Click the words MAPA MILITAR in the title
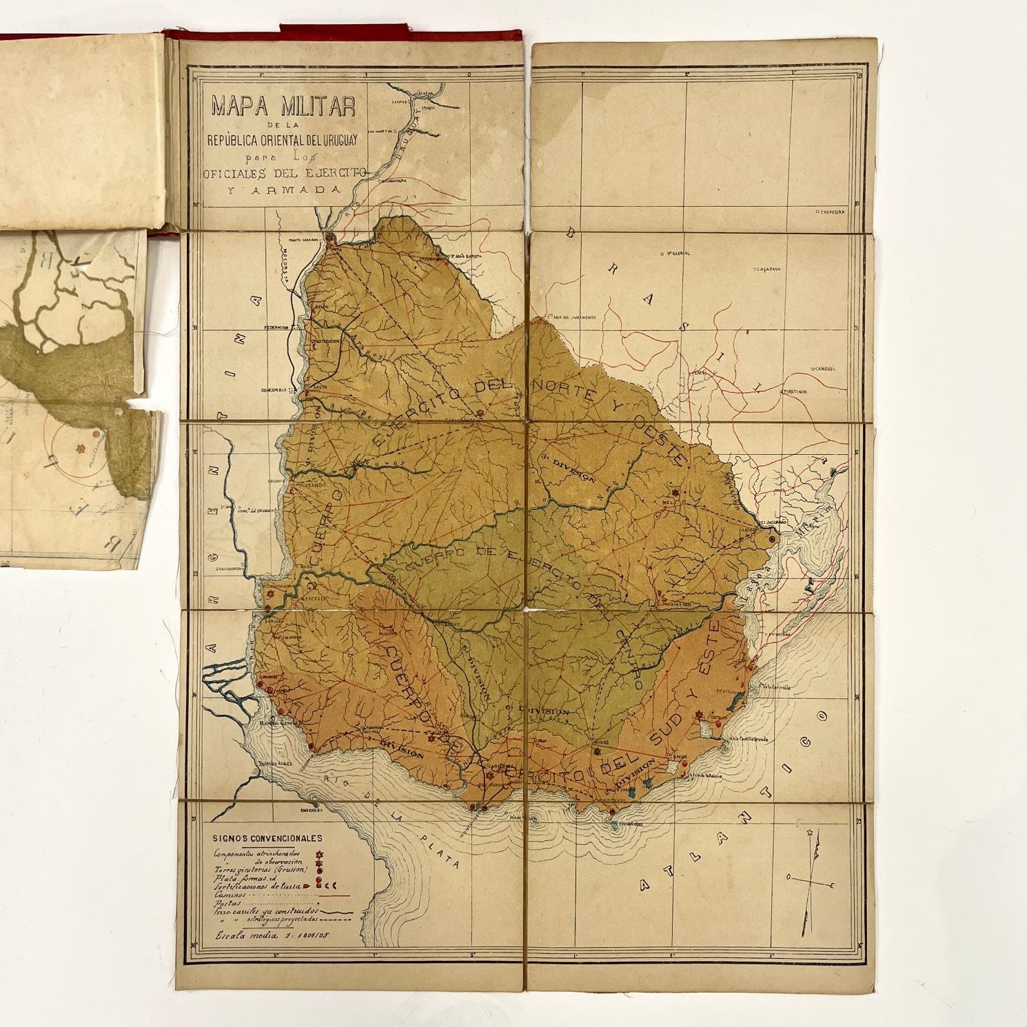click(x=283, y=107)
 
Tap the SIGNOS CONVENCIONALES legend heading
click(x=267, y=839)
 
